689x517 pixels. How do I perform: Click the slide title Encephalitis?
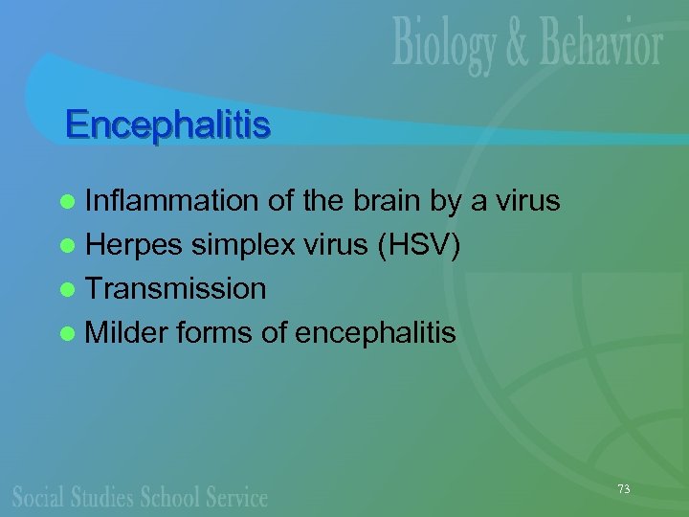click(167, 124)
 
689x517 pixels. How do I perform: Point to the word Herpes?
click(134, 246)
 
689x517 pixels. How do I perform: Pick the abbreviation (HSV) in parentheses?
click(421, 246)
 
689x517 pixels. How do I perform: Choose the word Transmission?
click(176, 289)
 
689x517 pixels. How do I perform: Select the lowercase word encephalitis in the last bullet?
click(376, 333)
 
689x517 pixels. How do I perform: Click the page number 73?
click(624, 488)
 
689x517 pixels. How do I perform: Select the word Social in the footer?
click(39, 496)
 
